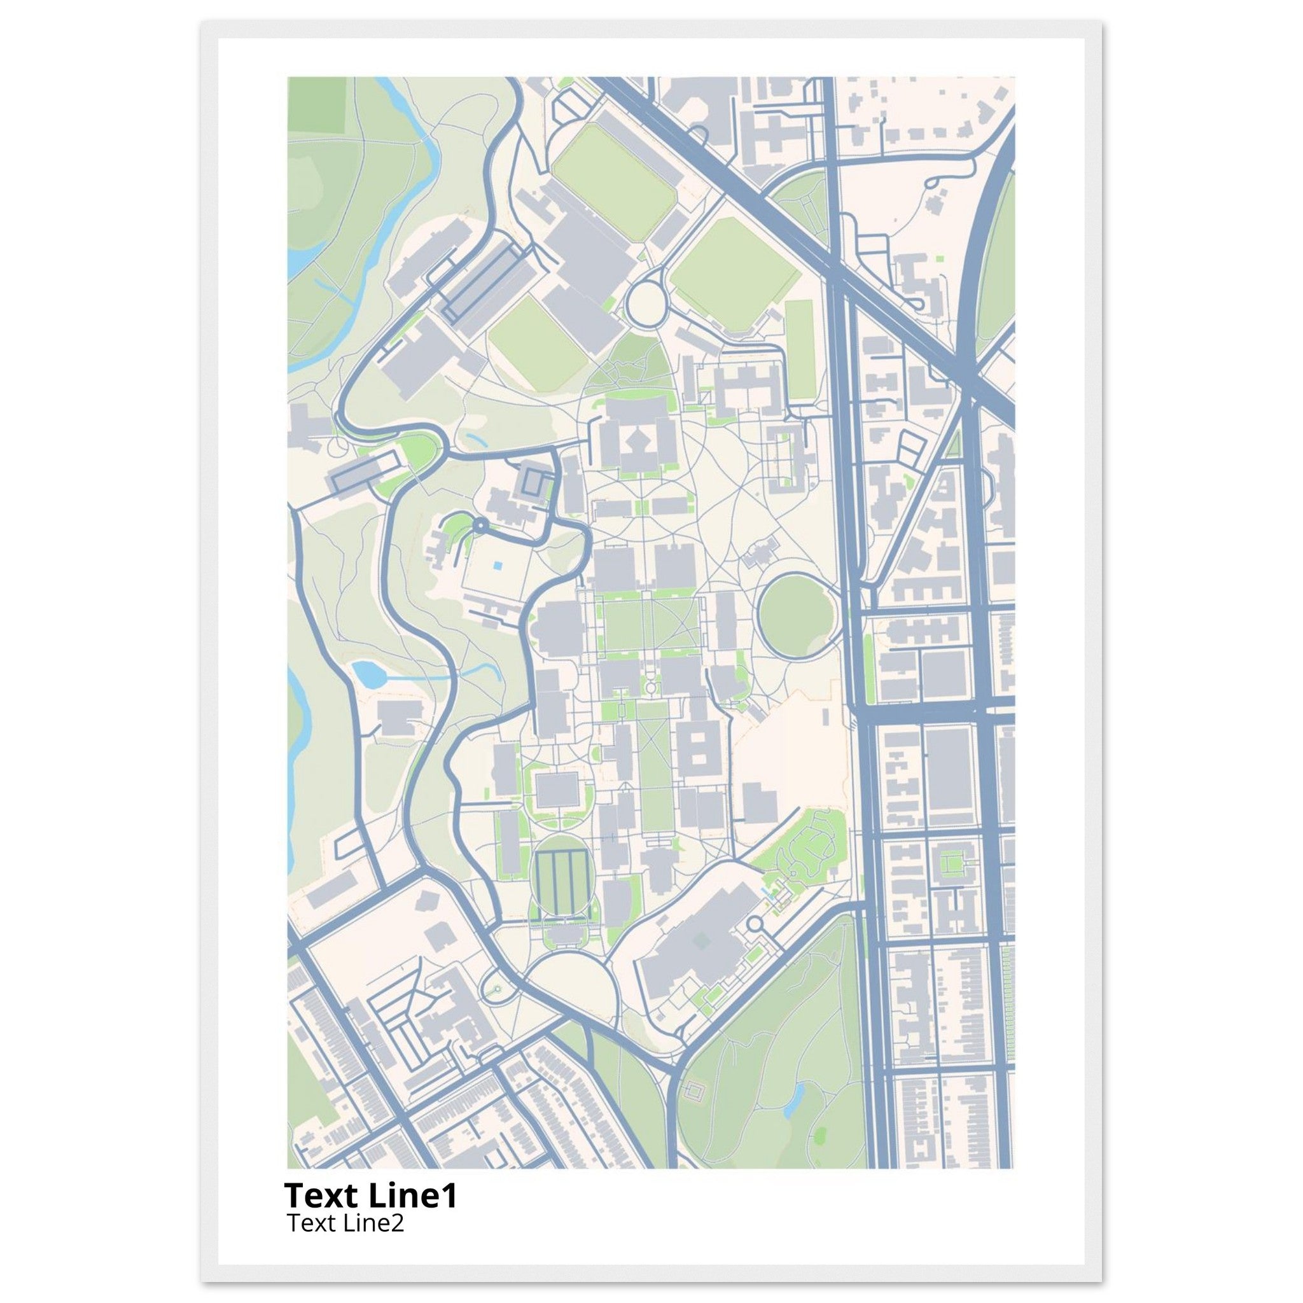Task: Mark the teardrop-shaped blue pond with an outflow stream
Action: (x=367, y=674)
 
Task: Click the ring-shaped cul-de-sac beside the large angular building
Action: (x=755, y=923)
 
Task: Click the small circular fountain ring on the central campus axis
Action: (x=651, y=687)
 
